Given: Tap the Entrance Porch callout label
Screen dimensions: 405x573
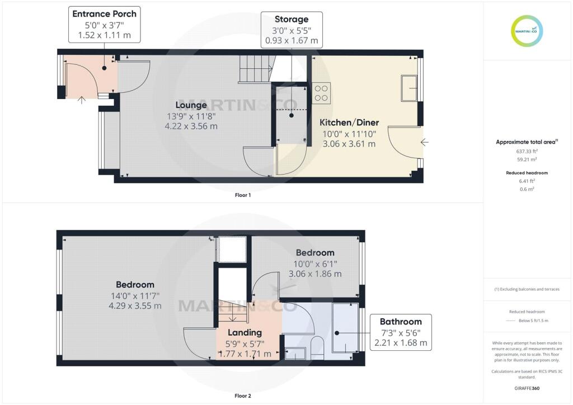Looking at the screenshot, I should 104,24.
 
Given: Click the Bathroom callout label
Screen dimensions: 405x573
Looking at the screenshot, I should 400,332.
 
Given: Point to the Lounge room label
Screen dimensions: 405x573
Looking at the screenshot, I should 191,105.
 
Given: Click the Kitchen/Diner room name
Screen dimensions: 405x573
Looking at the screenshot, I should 349,123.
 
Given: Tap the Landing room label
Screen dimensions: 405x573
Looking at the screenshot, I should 245,333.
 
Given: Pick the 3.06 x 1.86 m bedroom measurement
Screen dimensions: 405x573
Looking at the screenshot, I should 314,274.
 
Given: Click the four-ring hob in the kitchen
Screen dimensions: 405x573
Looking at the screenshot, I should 322,93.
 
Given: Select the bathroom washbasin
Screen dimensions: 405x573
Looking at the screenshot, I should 295,353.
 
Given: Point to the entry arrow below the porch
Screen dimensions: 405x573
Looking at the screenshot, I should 82,101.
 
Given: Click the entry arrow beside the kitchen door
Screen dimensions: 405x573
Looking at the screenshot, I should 424,142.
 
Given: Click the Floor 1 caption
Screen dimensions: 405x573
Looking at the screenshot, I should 242,196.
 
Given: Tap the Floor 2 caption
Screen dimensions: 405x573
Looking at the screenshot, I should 242,395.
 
